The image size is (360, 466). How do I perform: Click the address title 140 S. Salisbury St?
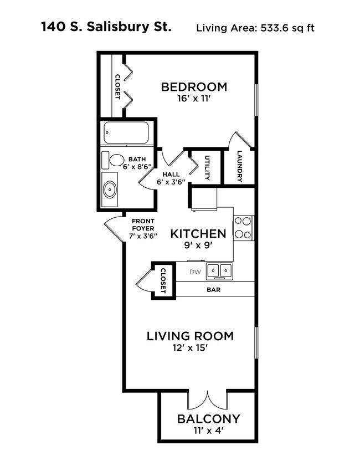(x=105, y=27)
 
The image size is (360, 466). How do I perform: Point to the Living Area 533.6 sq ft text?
(x=255, y=28)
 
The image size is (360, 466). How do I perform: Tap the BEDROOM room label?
(x=194, y=87)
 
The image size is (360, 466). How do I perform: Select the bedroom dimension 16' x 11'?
(x=194, y=99)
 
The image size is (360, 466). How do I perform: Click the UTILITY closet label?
(x=207, y=168)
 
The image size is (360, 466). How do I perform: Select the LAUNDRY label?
(x=239, y=167)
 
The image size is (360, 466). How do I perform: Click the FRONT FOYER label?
(x=143, y=228)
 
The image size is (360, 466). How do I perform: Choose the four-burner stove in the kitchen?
(x=243, y=227)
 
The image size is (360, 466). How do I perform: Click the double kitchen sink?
(x=220, y=271)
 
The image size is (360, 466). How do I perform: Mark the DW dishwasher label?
(x=194, y=272)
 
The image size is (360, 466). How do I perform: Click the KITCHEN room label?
(x=198, y=234)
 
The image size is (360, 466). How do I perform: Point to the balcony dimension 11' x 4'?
(x=208, y=430)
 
